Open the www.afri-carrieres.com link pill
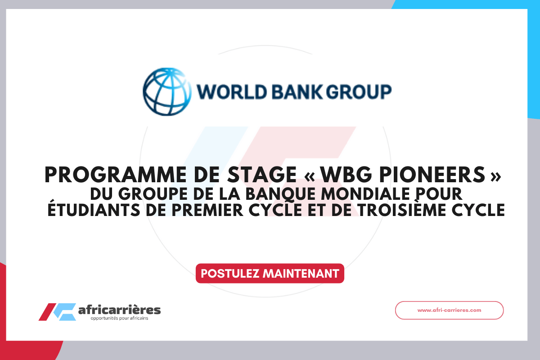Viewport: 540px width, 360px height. (449, 310)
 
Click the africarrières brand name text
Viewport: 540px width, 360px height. (119, 310)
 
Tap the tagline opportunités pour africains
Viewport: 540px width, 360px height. (119, 319)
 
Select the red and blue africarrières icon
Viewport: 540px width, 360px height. (57, 311)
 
